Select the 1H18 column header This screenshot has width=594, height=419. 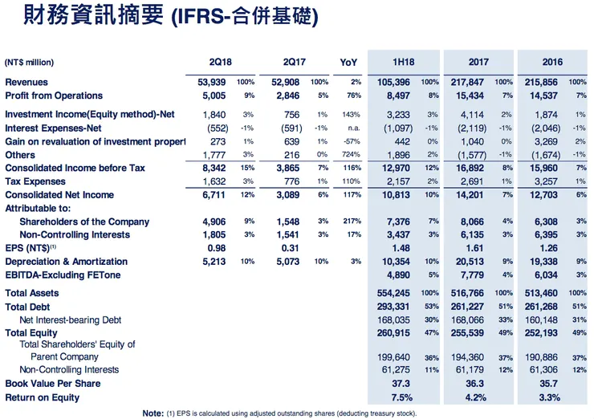[x=407, y=62]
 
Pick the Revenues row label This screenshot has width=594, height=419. [x=26, y=82]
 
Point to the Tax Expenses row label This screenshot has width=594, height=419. [x=35, y=182]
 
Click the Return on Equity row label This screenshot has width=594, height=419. [x=42, y=397]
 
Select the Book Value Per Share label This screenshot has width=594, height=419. [x=52, y=384]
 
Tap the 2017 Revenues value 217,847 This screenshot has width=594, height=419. [x=471, y=82]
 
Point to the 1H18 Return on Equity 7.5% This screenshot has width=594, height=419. [x=401, y=397]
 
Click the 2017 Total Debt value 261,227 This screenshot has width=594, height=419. [x=471, y=307]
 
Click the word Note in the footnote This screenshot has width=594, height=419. [x=153, y=413]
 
